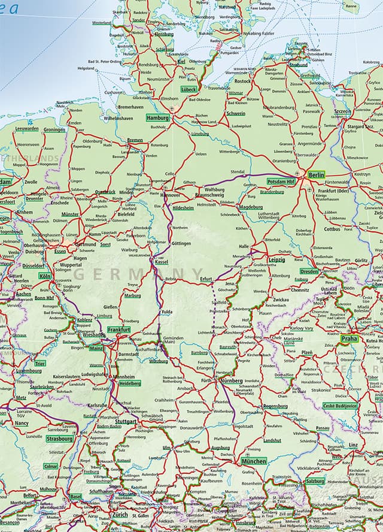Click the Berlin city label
point(317,175)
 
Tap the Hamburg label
point(158,118)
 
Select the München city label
point(254,462)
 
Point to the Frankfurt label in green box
point(120,330)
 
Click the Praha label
point(349,339)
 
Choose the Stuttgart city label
point(126,422)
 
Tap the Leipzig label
point(276,260)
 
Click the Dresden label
point(309,271)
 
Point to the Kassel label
point(161,262)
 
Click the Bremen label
point(135,140)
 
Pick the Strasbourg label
point(59,439)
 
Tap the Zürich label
point(120,515)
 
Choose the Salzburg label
point(315,481)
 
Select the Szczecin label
point(343,111)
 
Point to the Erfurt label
point(206,279)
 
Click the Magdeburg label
point(251,207)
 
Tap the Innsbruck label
point(245,522)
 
